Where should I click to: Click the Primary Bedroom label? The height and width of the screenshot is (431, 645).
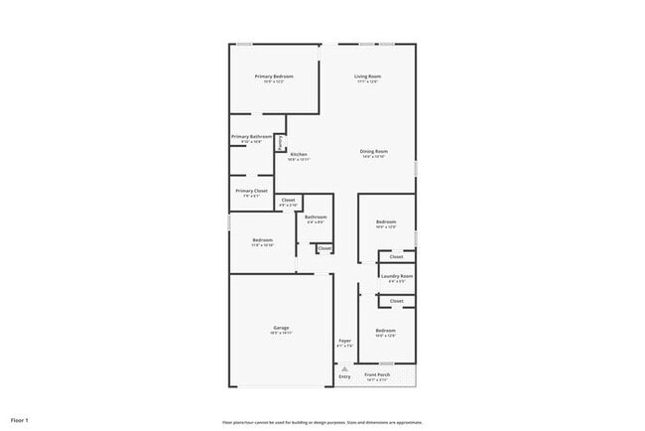tap(274, 76)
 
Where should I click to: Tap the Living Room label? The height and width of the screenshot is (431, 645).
tap(369, 76)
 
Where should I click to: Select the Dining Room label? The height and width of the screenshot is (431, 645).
tap(374, 151)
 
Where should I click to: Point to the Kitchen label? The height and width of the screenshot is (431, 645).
tap(299, 154)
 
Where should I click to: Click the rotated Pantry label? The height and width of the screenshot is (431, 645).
tap(281, 143)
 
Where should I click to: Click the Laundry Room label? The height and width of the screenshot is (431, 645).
tap(397, 276)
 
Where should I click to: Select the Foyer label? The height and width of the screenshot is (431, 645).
tap(344, 341)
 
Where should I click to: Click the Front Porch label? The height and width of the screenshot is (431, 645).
tap(377, 374)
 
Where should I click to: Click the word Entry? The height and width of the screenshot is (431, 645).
tap(345, 377)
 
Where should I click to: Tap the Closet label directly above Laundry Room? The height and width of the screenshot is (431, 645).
tap(396, 256)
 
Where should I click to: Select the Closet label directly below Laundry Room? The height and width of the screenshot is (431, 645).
tap(396, 300)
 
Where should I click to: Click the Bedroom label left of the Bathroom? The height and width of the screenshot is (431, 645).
tap(262, 239)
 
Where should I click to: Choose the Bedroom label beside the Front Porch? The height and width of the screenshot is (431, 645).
tap(385, 330)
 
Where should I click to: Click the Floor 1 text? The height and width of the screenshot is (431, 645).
tap(20, 420)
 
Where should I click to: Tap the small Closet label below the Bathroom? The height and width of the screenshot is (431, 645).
tap(324, 247)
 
